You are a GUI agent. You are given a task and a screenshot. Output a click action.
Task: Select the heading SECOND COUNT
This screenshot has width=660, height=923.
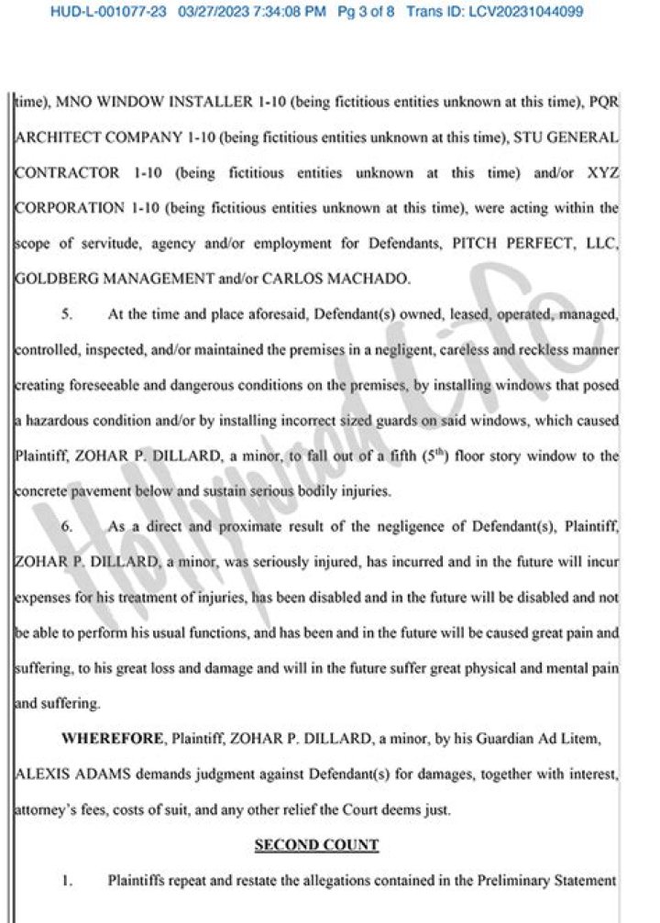316,844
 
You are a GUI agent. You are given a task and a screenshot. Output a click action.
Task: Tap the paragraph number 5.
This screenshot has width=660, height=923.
67,313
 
